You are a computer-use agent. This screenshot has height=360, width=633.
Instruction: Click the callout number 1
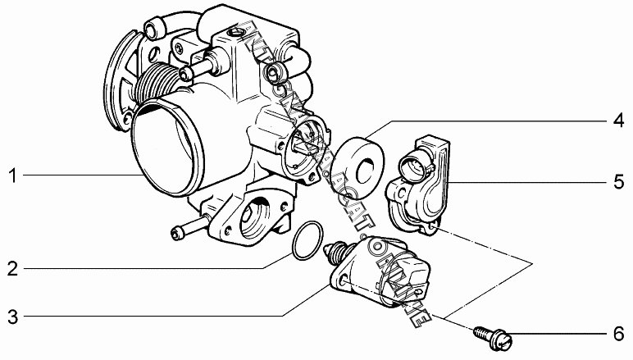coord(12,174)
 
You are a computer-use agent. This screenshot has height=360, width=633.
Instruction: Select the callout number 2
coord(12,267)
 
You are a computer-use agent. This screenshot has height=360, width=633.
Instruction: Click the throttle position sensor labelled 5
coord(418,180)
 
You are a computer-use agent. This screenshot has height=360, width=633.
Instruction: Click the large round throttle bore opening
coord(168,148)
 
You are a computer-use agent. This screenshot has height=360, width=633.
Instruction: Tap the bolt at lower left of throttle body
coord(185,232)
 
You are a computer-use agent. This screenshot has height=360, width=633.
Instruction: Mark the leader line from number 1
coord(82,174)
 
